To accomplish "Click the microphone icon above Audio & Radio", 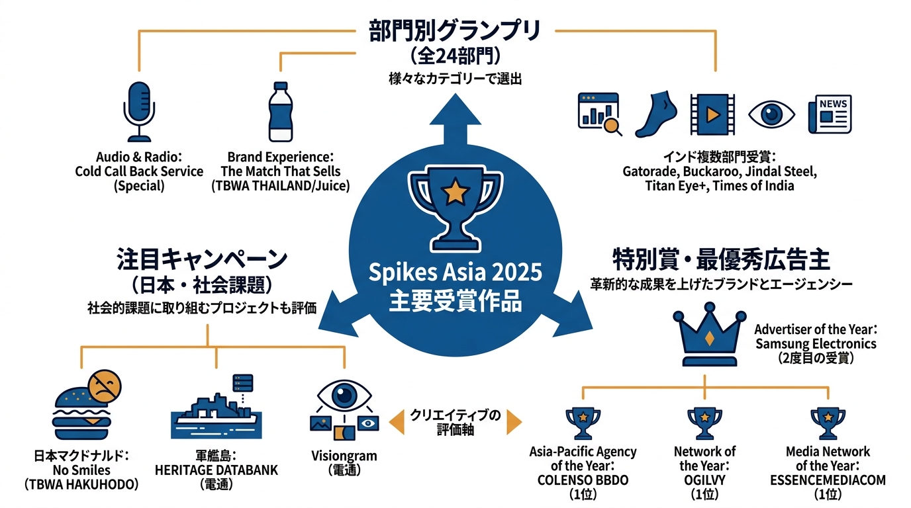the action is point(139,112).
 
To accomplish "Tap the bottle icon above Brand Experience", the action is point(281,112).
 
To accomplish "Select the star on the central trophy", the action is point(455,191).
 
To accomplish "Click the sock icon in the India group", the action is point(655,114).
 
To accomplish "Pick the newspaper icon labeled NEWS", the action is point(830,114).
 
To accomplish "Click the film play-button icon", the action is point(712,114).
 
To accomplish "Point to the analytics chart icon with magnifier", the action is point(600,114).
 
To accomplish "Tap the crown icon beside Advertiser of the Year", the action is point(710,335).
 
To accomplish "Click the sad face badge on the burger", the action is point(105,386).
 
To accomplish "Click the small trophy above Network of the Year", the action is point(705,423).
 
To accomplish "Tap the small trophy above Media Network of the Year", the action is point(828,423).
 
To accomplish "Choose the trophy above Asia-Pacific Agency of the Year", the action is point(583,423).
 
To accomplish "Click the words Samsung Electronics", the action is point(816,344).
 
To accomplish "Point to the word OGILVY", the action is point(705,480).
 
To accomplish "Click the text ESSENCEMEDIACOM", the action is point(828,480).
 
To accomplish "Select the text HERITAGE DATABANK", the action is point(216,470).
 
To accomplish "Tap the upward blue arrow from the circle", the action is point(455,120).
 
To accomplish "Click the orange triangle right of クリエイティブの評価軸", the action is point(514,423).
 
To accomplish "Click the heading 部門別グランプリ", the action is point(455,31).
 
